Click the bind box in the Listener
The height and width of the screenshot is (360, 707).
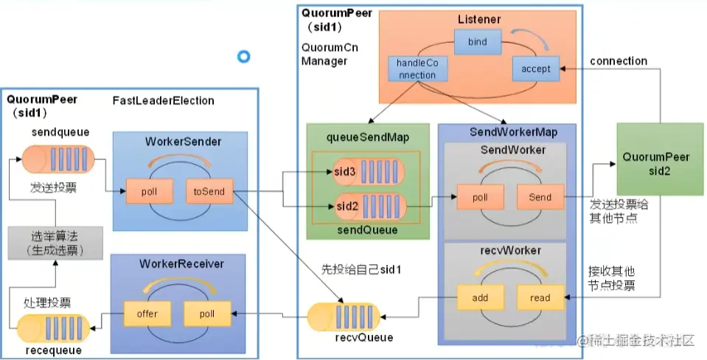(478, 42)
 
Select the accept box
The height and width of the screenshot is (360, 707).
(536, 69)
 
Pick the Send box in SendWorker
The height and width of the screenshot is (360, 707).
(540, 198)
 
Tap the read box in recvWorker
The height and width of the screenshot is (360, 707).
(540, 298)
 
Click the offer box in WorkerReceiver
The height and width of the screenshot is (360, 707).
(147, 313)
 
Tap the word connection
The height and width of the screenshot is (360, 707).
(619, 61)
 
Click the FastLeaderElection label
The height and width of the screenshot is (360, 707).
(163, 100)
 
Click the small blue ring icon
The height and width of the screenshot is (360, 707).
(243, 56)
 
